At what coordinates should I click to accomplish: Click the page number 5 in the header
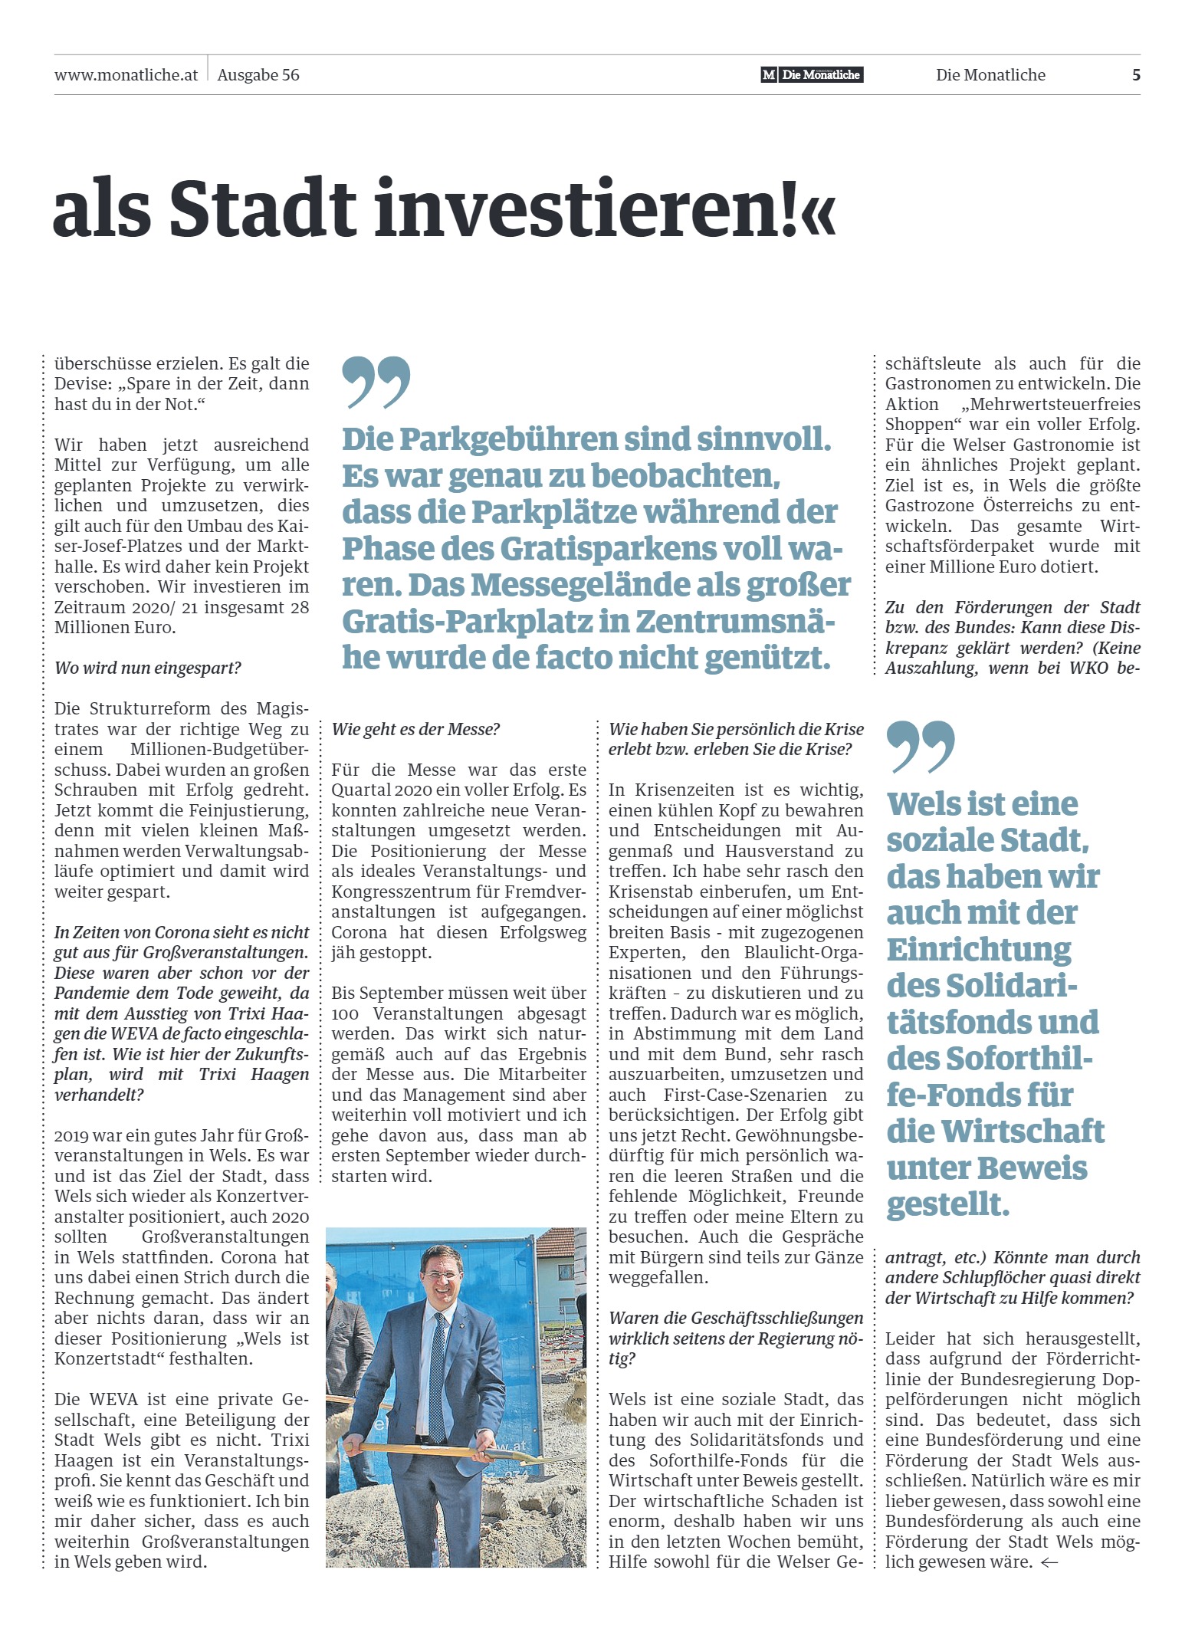tap(1136, 75)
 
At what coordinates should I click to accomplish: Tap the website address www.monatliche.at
tap(126, 75)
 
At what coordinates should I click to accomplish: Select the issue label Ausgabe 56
tap(258, 75)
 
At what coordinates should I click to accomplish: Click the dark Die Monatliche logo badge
tap(812, 75)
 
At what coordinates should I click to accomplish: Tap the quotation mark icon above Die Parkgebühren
tap(376, 381)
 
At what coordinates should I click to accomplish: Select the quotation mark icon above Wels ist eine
tap(921, 747)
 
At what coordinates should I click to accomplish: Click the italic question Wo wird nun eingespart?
tap(148, 668)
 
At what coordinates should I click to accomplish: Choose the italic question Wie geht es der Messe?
tap(415, 729)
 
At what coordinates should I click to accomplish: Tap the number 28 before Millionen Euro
tap(299, 607)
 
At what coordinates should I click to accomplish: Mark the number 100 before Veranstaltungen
tap(344, 1013)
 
